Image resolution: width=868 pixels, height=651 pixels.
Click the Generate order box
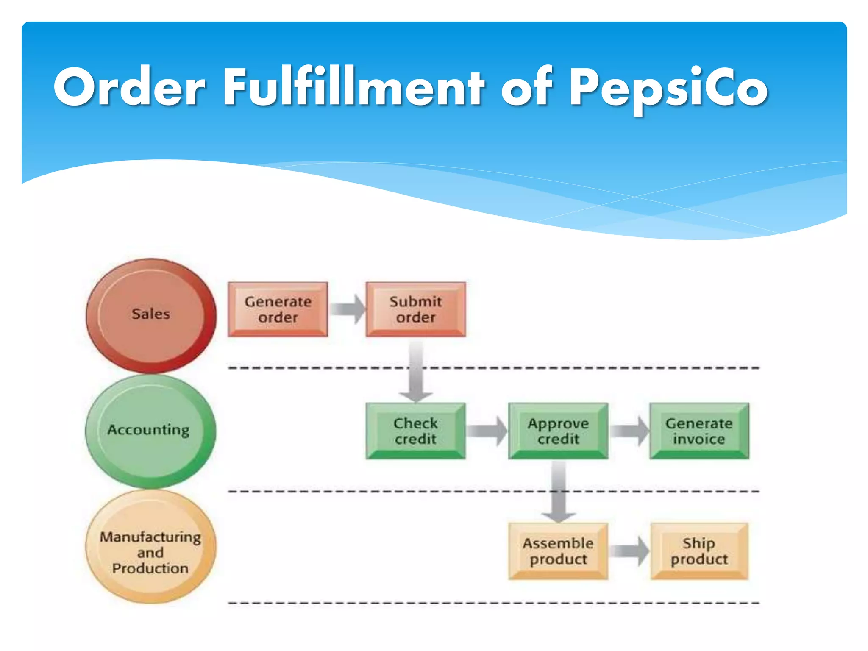coord(278,309)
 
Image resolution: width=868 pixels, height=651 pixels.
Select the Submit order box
coord(415,309)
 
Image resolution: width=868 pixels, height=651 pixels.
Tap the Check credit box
coord(415,431)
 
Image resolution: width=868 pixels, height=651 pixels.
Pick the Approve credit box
coord(558,431)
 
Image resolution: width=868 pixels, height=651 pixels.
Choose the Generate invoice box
coord(699,431)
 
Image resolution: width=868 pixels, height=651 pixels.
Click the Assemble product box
coord(558,551)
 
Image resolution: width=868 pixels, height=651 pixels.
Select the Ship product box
coord(699,551)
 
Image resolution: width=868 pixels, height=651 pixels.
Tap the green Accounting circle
coord(150,431)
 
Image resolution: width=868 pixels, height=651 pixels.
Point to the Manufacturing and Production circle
coord(150,547)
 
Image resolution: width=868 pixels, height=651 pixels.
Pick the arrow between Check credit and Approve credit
coord(487,431)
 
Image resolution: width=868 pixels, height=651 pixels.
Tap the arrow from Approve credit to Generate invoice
coord(629,431)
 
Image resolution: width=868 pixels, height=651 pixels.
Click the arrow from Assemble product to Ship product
coord(629,551)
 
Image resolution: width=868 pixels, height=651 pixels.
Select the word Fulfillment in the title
coord(354,87)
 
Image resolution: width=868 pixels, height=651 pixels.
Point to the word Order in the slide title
coord(129,87)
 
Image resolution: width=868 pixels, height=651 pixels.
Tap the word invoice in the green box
coord(699,439)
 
